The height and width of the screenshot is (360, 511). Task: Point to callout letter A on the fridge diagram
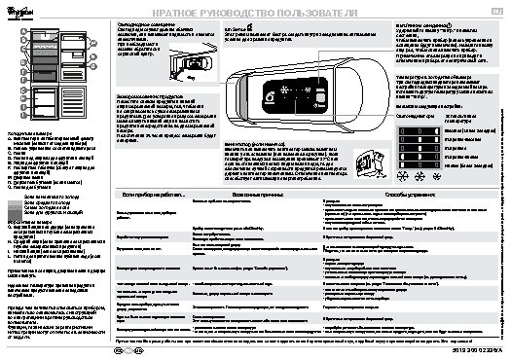pos(18,32)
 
